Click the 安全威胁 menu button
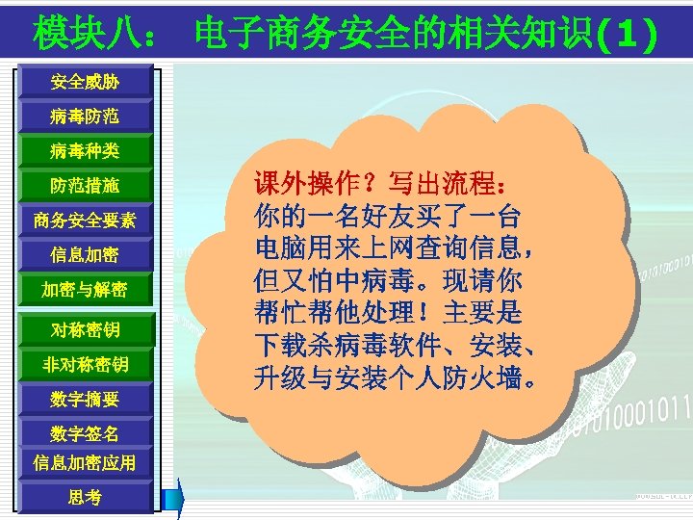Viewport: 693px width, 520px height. point(85,83)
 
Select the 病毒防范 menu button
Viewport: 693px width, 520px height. point(85,117)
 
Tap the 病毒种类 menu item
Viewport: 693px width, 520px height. point(85,151)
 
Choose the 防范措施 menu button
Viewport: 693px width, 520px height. point(85,186)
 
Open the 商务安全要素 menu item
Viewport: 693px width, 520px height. point(85,221)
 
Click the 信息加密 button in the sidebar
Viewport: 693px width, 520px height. point(85,255)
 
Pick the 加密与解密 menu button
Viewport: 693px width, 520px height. point(85,290)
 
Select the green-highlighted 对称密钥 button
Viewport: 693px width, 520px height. point(85,330)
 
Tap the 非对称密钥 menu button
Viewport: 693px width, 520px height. point(85,365)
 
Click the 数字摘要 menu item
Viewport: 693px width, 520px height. point(85,399)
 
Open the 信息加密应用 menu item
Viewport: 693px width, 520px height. point(85,463)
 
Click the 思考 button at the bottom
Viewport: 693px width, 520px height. point(85,497)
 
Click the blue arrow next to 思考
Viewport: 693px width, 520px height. point(174,498)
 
